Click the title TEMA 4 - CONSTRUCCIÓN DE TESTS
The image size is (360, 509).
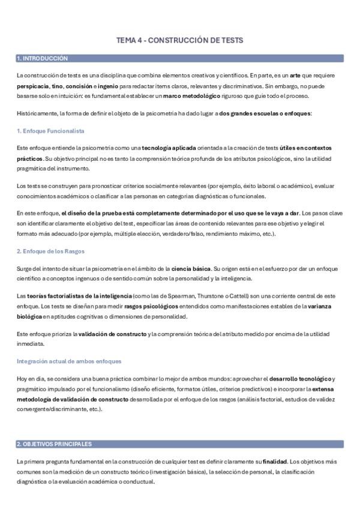pos(179,40)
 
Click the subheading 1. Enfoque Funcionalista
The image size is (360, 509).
pos(50,130)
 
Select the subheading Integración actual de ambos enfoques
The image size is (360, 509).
pos(69,361)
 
